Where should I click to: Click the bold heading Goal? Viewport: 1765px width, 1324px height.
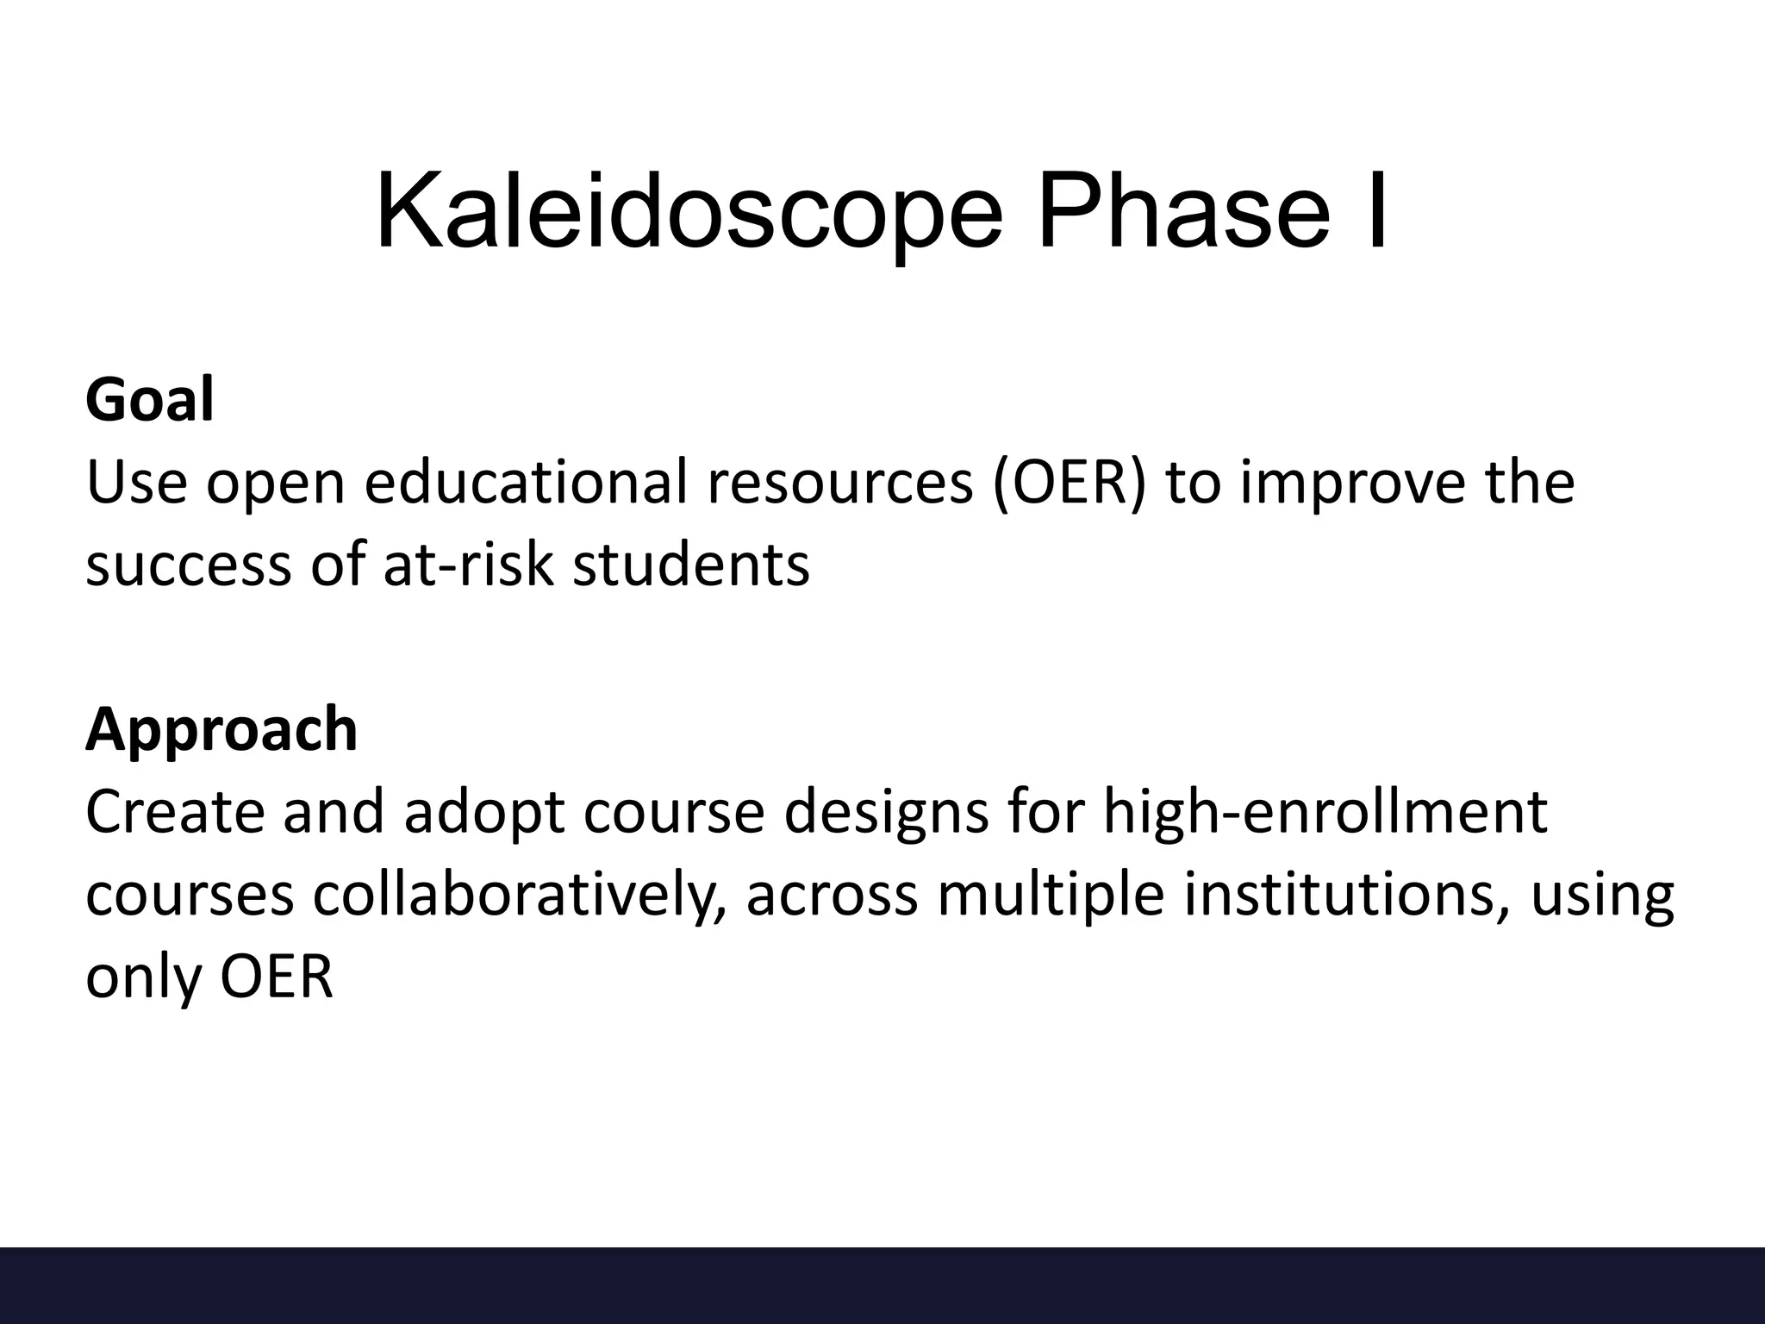[149, 401]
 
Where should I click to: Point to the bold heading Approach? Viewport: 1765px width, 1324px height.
[221, 729]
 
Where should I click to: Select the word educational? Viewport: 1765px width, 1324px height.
[526, 483]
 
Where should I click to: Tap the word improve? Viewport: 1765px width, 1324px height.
[1352, 483]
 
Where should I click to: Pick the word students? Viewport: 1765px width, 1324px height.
[691, 565]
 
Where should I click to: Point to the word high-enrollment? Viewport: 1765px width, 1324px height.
[1325, 812]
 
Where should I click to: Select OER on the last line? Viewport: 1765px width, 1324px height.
[277, 977]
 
